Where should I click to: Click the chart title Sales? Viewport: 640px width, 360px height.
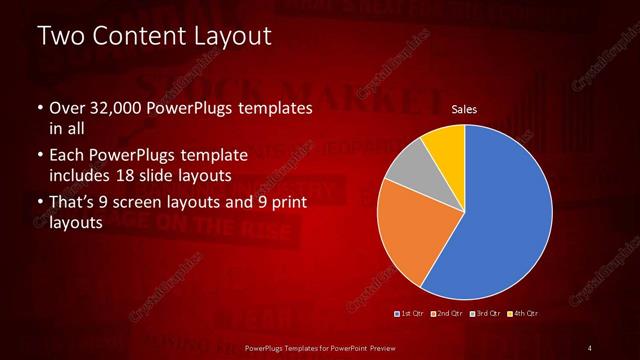[x=463, y=109]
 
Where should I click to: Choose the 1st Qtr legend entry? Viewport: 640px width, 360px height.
[x=410, y=313]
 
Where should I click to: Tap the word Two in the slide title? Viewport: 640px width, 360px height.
[x=60, y=36]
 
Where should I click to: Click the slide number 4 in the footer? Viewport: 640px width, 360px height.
[x=590, y=347]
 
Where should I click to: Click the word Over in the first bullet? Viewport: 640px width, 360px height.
[x=65, y=107]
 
